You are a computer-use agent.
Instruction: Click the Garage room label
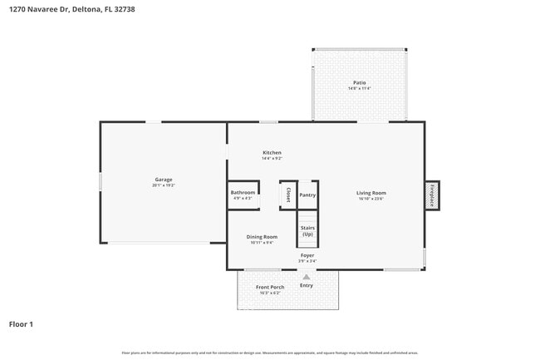163,180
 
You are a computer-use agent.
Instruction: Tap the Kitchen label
272,153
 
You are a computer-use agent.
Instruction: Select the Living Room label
371,193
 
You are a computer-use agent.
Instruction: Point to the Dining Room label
262,237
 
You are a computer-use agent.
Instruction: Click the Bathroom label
243,193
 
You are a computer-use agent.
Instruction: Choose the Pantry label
307,195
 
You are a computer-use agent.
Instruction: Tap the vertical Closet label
288,195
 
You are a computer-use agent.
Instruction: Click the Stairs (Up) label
307,230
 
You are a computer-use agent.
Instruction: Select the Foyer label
307,255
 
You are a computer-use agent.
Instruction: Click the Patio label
359,82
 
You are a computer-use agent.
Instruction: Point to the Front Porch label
270,288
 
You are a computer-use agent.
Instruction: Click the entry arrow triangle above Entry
307,277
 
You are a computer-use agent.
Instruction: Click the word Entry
307,286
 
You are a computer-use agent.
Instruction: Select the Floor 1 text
21,324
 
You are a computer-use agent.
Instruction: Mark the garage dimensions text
163,185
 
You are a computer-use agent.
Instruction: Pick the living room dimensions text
371,199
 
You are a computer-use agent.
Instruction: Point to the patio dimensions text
359,88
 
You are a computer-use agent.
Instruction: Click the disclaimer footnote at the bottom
270,353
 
